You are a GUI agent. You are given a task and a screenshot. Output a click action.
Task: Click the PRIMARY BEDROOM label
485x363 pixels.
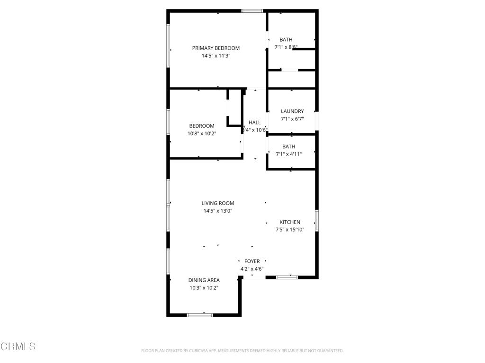[x=216, y=48]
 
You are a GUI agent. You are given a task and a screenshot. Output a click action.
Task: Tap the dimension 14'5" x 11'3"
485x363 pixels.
[x=216, y=56]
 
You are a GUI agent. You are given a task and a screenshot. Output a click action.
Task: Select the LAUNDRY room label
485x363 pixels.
[x=292, y=112]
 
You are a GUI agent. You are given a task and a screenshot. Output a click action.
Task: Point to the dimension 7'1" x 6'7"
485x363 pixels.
[x=292, y=119]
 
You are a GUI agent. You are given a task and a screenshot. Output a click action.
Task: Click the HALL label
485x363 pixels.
[x=255, y=122]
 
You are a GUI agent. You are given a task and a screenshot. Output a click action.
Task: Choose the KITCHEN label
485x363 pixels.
[x=289, y=222]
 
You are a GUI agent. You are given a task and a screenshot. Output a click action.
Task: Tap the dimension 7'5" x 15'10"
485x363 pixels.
[x=289, y=230]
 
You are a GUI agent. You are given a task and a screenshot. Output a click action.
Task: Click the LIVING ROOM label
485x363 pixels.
[x=218, y=203]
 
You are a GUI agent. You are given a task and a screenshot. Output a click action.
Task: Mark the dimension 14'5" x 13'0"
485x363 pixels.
[x=218, y=211]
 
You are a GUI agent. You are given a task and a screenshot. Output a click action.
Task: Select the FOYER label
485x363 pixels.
[x=252, y=261]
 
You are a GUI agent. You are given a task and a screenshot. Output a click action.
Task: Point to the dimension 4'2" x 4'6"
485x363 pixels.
[x=252, y=269]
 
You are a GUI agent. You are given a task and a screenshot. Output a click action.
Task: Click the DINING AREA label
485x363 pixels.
[x=204, y=280]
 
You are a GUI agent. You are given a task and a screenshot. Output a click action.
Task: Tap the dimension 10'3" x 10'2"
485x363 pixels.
[x=204, y=287]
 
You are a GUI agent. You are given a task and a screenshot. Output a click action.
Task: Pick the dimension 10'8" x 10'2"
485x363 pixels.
[x=202, y=133]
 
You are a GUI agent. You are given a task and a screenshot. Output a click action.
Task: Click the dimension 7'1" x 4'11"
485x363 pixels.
[x=288, y=154]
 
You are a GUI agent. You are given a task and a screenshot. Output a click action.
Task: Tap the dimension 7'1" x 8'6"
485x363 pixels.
[x=286, y=47]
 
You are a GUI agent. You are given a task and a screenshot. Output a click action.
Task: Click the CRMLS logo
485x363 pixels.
[x=18, y=346]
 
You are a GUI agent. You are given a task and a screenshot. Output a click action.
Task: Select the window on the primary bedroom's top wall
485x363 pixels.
[x=252, y=10]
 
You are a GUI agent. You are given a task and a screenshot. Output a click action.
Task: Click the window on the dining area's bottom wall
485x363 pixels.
[x=200, y=315]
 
